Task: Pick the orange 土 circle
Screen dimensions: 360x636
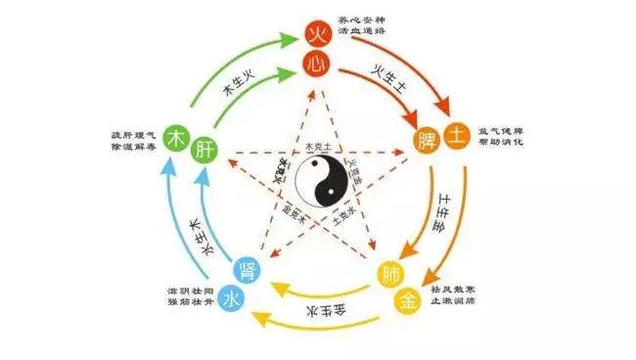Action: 456,135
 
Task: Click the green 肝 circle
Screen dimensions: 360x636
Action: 205,150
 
